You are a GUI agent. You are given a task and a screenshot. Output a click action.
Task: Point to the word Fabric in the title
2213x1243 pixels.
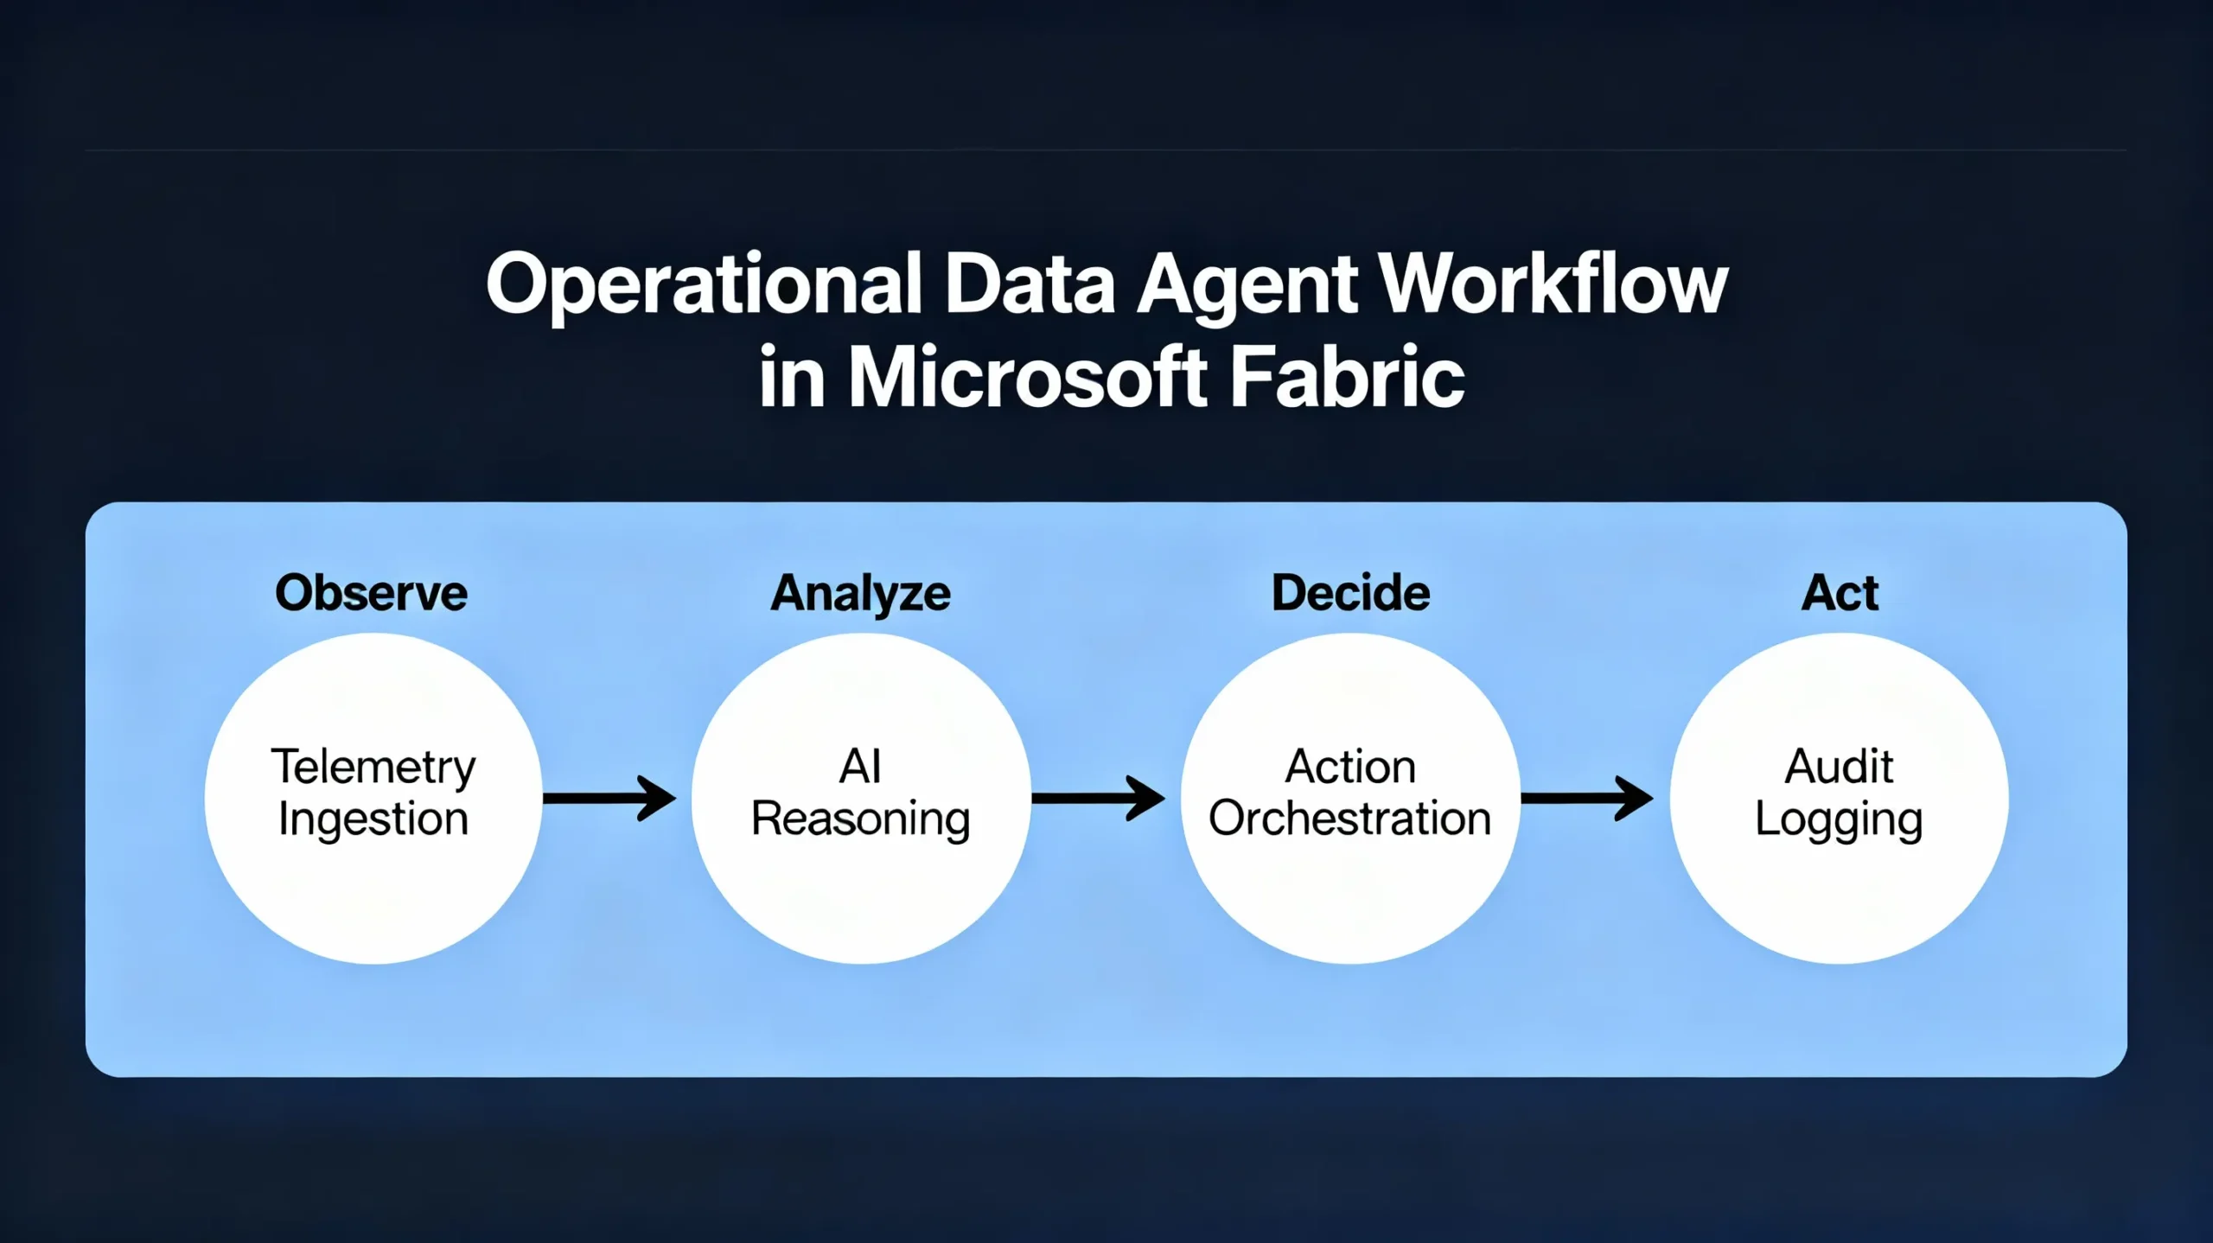1347,378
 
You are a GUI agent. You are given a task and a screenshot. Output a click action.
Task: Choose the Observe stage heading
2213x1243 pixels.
372,593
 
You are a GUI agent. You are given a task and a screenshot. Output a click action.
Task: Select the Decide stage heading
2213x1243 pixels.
1350,593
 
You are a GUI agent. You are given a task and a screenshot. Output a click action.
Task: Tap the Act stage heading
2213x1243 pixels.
1840,593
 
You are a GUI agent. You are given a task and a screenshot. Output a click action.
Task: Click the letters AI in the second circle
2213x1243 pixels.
860,767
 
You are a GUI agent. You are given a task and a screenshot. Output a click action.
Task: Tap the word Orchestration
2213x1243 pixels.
1350,819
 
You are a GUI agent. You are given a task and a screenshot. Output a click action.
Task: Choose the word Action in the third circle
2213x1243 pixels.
1350,767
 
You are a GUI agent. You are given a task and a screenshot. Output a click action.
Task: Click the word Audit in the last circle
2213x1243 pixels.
1840,767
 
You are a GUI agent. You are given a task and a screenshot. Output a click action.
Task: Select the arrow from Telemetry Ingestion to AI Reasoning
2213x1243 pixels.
609,798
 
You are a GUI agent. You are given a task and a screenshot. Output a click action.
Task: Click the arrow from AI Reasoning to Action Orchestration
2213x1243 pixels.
1098,798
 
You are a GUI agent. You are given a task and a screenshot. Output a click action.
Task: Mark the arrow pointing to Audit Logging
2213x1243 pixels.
1587,798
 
